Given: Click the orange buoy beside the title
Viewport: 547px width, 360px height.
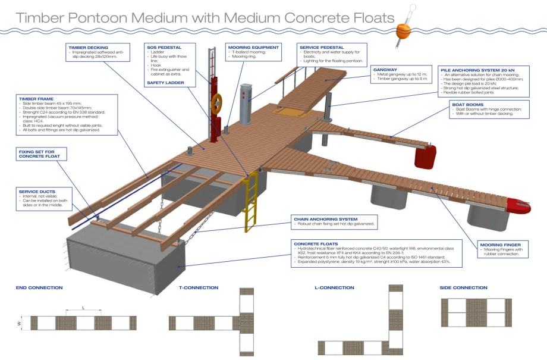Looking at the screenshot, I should (x=403, y=29).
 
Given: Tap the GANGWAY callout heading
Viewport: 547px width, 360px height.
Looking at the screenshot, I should (x=385, y=70).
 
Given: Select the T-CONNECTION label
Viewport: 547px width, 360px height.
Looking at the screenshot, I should (x=198, y=287).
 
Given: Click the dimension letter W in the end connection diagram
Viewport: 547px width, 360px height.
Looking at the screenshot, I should (x=20, y=324).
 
